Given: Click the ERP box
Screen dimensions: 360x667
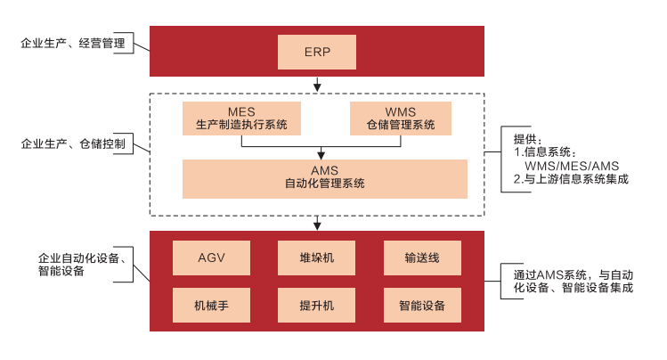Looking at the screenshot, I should coord(317,52).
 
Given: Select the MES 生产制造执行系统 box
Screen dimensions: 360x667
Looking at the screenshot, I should coord(241,119).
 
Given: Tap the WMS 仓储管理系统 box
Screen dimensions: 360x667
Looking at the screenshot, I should coord(401,119).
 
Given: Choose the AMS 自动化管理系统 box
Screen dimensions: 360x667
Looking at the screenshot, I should coord(324,178).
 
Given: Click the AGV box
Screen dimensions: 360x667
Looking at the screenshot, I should coord(212,258).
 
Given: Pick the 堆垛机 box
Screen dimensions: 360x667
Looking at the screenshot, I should coord(317,258).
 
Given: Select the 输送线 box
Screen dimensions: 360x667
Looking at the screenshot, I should coord(421,258).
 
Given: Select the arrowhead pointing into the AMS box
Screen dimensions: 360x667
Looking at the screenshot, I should coord(324,155).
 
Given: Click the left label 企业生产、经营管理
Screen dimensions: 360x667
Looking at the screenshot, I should coord(73,42).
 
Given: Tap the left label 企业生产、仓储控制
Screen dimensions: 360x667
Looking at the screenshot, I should coord(73,143).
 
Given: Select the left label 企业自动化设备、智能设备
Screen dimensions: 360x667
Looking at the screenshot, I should coord(85,265).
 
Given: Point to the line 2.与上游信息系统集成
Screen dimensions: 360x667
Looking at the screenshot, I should coord(571,179).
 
